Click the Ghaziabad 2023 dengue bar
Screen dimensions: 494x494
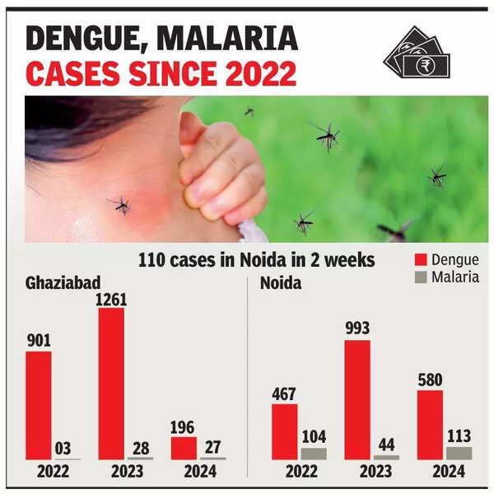(111, 384)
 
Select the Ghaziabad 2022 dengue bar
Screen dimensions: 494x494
(38, 405)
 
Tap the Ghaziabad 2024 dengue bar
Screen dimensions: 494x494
(184, 448)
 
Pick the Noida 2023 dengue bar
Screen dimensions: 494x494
(357, 399)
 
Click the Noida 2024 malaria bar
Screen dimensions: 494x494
(459, 453)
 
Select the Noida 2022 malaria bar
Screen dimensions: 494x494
(313, 454)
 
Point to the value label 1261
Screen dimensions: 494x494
(111, 300)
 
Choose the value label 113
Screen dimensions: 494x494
(459, 436)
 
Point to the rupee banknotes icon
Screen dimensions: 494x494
(417, 53)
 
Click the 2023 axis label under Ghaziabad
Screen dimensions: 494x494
(122, 472)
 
